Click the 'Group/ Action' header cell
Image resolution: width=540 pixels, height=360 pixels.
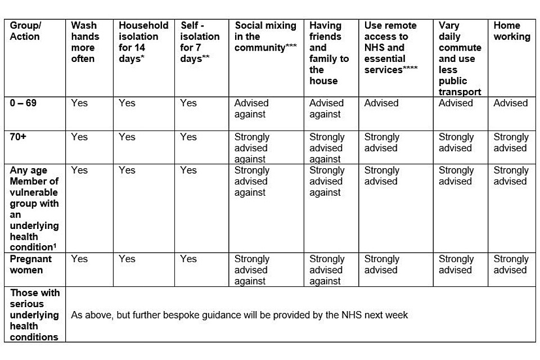[25, 31]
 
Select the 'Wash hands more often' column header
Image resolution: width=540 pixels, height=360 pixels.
[84, 42]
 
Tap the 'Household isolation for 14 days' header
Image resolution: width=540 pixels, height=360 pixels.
[143, 42]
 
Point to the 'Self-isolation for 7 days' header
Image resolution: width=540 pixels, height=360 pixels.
[200, 42]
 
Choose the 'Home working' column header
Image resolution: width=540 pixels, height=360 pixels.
[512, 31]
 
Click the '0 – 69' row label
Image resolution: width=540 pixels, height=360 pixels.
[23, 103]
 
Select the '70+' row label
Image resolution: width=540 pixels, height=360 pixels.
[18, 137]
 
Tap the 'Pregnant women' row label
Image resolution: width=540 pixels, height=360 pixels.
[30, 264]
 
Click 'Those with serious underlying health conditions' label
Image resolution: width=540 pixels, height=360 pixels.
[34, 314]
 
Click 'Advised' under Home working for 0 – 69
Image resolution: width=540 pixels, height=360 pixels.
[511, 103]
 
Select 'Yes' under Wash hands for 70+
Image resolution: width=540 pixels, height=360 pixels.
[79, 137]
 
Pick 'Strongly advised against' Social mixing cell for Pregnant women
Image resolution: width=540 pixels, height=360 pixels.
[251, 270]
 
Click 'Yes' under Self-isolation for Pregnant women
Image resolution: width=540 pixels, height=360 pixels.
[188, 259]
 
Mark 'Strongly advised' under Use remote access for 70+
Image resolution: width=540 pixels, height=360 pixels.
[381, 142]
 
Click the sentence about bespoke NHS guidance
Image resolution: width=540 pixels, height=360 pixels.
[239, 315]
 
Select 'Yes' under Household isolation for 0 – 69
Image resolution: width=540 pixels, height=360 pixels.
[127, 103]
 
